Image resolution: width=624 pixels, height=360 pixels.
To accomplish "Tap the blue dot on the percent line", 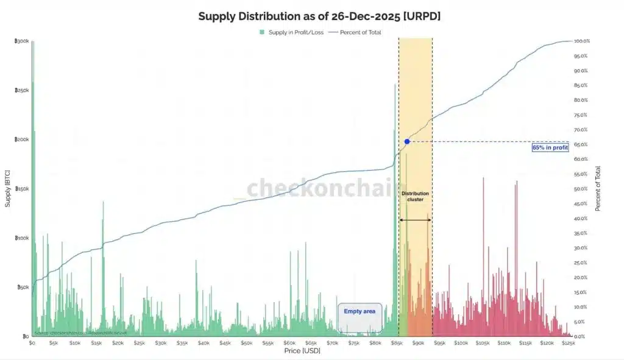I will click(406, 141).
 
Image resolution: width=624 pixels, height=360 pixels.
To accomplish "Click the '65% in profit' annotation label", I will click(550, 147).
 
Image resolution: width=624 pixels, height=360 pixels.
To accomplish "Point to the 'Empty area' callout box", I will click(360, 311).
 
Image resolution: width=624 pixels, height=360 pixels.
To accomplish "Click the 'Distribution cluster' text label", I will click(416, 197).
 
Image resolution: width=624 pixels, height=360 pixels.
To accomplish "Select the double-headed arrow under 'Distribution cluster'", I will click(416, 220).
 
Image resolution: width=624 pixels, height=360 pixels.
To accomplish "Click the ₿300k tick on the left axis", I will click(21, 41).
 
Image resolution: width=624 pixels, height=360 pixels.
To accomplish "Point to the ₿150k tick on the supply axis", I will click(21, 189).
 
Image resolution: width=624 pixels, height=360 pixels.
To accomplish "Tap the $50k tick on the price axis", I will click(247, 344).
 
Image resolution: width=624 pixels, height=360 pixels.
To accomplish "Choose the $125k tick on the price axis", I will click(569, 344).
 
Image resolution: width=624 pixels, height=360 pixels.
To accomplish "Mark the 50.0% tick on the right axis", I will click(583, 189).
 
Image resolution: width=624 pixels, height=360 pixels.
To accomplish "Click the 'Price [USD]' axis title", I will click(302, 351).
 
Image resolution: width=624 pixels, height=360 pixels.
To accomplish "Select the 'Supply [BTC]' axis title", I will click(8, 189).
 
